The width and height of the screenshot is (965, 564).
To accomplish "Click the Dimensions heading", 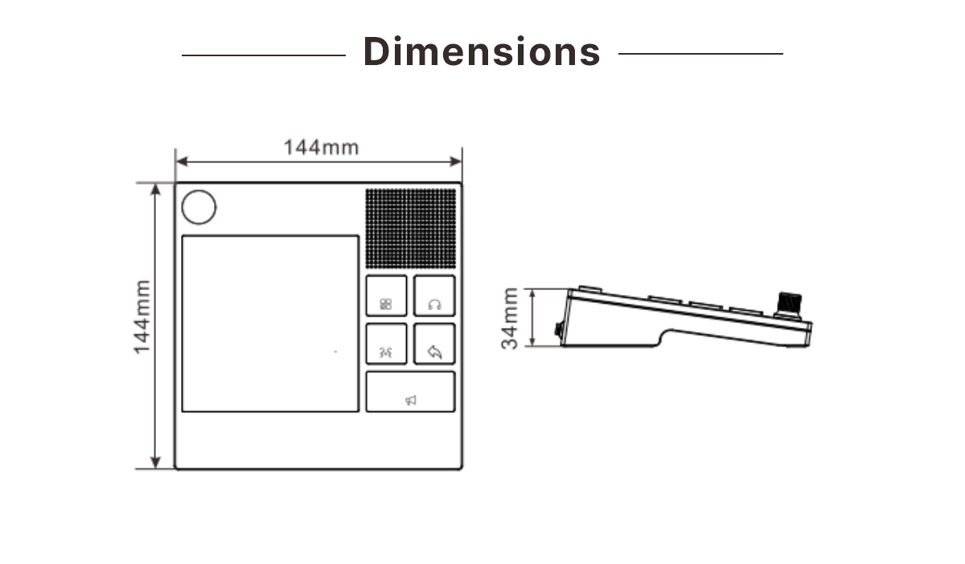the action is tap(482, 51).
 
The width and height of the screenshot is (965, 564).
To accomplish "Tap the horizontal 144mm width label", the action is tap(321, 147).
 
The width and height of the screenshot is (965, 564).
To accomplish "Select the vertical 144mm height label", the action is tap(142, 317).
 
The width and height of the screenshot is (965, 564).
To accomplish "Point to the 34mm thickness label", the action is tap(510, 318).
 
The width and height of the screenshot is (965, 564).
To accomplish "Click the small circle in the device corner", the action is tap(199, 207).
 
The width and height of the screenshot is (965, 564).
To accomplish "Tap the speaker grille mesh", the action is tap(411, 228).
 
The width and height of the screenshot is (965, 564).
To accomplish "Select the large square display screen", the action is tap(270, 323).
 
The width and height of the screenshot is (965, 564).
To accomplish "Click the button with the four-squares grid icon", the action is tap(387, 296).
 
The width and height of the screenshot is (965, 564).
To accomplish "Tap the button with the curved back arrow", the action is tap(434, 344).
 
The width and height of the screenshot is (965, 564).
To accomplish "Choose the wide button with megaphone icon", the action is tap(411, 391).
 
